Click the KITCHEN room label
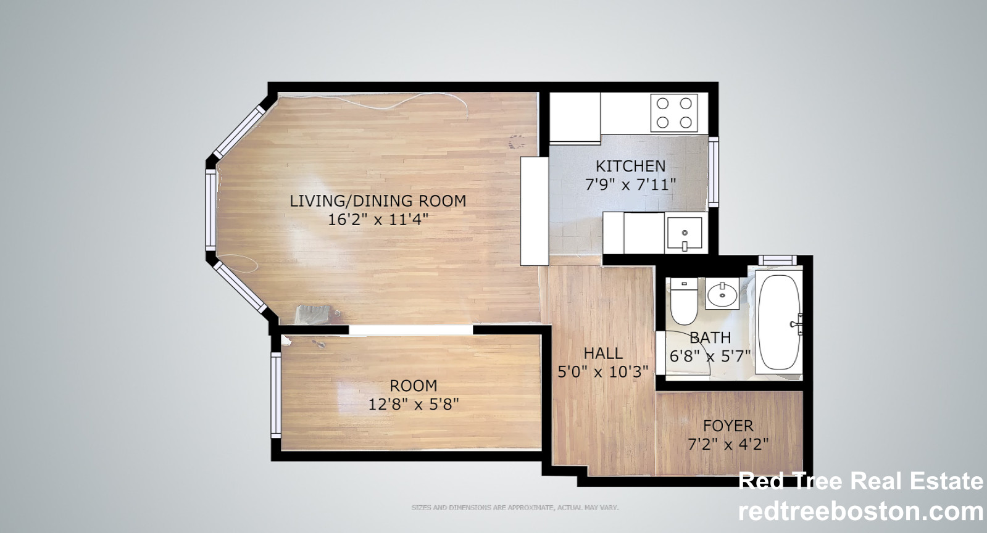[630, 166]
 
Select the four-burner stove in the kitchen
[674, 113]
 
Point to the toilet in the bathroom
[683, 304]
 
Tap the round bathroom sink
[722, 294]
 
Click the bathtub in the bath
[780, 321]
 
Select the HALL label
[603, 353]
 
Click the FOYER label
[728, 426]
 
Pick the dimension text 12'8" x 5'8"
[413, 405]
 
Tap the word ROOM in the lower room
[413, 386]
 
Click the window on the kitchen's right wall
[714, 171]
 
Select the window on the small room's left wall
[276, 395]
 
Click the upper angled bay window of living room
[240, 130]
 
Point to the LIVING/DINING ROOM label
[378, 200]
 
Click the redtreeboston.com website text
[860, 511]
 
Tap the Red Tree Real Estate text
[860, 481]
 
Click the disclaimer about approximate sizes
[515, 508]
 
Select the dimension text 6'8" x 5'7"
[710, 356]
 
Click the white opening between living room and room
[411, 330]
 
